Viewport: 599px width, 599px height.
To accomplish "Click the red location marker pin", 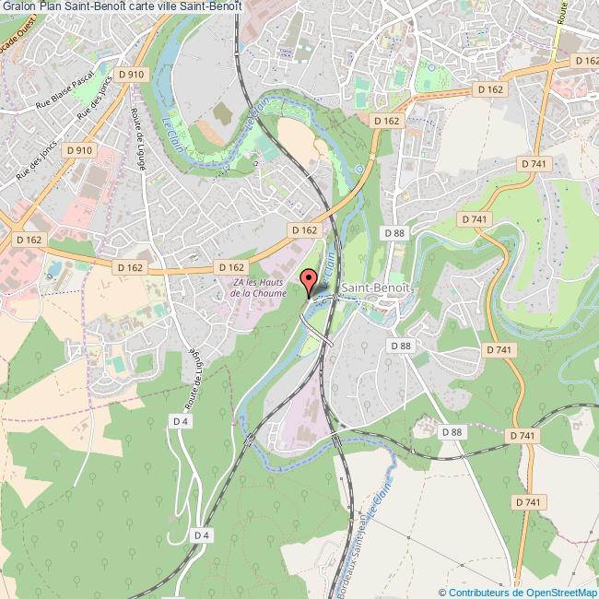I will coord(309,279).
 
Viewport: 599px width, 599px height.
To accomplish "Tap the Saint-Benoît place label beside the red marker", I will coord(375,288).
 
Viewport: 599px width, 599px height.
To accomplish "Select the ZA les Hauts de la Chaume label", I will coord(258,288).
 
